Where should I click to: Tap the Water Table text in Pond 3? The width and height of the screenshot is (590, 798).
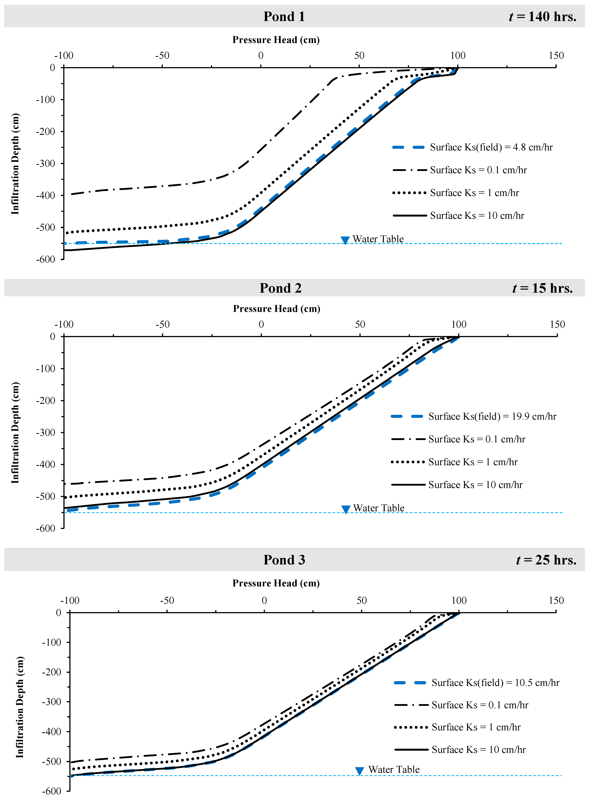click(x=394, y=769)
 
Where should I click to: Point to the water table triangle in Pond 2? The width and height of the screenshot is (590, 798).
click(x=345, y=509)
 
